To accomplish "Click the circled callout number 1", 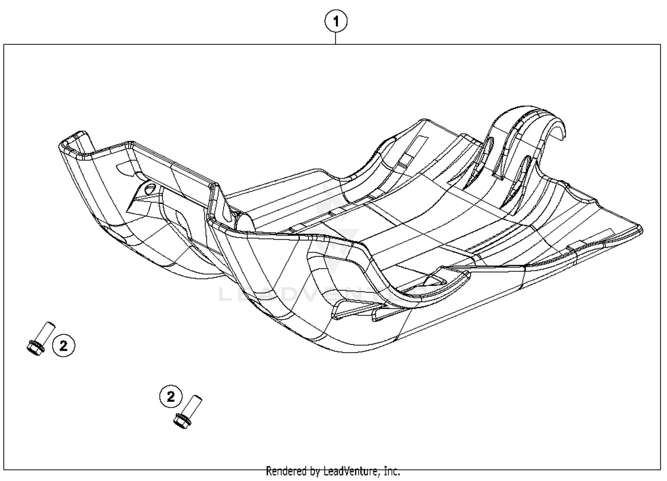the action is click(x=336, y=21).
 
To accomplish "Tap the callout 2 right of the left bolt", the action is click(x=64, y=345).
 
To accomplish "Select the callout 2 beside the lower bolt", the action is click(x=171, y=396).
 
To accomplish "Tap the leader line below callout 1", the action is click(x=336, y=38).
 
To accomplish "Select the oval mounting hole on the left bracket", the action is click(x=150, y=188).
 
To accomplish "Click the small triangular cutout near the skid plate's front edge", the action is click(x=436, y=280).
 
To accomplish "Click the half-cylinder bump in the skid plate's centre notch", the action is click(x=244, y=221).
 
